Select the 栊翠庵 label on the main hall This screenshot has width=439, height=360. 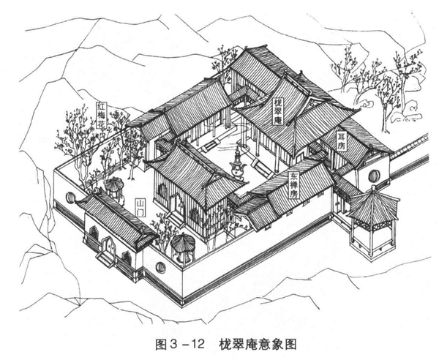[x=278, y=111]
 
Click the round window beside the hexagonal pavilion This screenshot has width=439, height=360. [x=374, y=176]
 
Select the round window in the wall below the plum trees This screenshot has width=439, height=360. [x=70, y=198]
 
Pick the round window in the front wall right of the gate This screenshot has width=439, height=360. [x=161, y=267]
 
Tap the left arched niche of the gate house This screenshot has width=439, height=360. [x=94, y=235]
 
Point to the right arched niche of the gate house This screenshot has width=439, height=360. [x=127, y=258]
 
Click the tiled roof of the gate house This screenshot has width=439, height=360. [x=110, y=216]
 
